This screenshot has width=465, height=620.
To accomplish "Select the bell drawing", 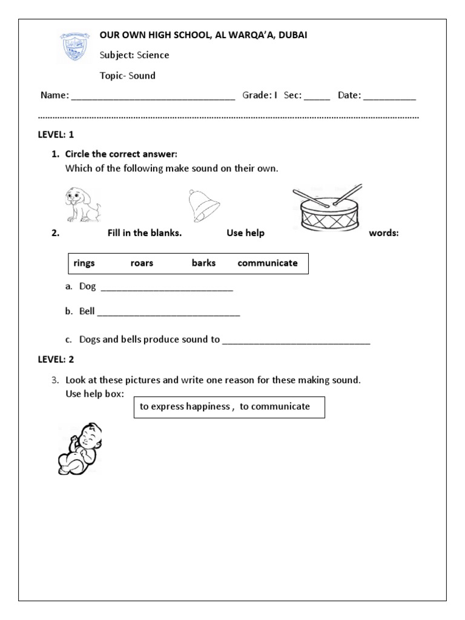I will (203, 206).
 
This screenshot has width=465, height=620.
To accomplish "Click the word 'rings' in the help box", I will (84, 263).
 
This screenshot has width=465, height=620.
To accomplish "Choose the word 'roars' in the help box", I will (142, 263).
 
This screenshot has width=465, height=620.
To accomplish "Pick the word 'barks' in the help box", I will (203, 263).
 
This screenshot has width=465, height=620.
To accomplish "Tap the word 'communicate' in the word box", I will (268, 263).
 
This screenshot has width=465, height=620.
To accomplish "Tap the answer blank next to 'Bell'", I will (168, 314).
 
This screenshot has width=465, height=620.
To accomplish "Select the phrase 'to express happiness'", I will (185, 407).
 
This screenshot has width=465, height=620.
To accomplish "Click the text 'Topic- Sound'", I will (128, 76).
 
